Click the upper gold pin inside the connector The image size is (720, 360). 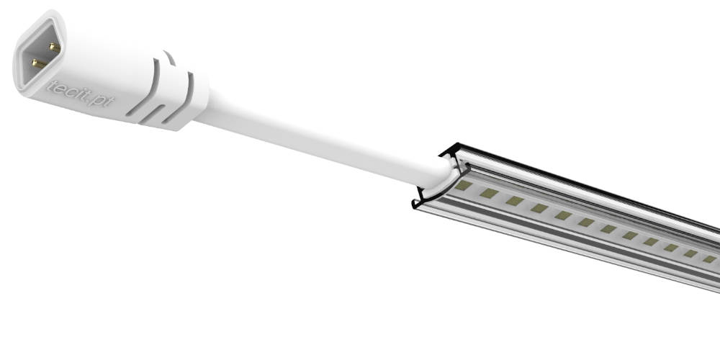tap(53, 47)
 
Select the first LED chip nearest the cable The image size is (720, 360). tap(464, 186)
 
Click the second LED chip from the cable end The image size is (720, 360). tap(490, 194)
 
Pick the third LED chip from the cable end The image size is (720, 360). tap(515, 201)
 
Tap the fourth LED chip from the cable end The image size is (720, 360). tap(539, 208)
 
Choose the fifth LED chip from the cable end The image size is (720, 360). tap(563, 215)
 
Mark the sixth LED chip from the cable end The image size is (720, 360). tap(586, 222)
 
